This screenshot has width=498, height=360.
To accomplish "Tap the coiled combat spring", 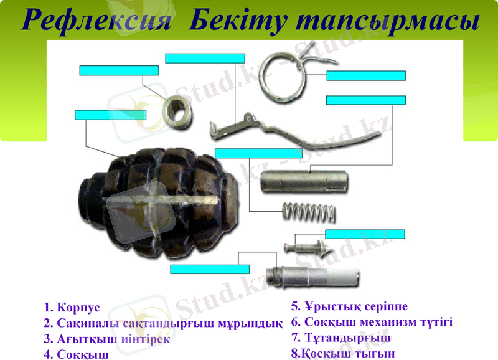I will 309,212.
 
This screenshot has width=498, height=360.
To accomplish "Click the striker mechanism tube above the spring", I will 306,182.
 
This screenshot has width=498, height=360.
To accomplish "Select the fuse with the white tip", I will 311,275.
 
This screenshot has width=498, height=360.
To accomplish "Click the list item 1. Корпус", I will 72,308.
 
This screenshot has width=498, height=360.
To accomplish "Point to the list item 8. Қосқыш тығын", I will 343,354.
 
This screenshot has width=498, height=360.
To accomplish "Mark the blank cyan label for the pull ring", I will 366,76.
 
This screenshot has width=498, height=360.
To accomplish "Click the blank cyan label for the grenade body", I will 110,115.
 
